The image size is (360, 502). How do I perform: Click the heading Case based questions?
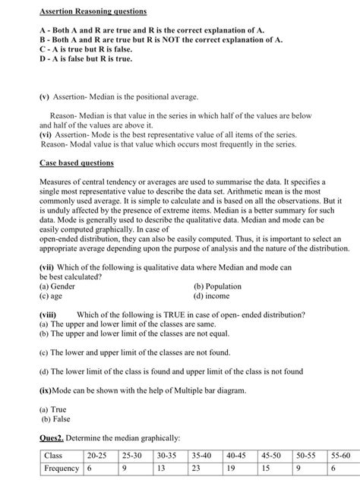click(x=76, y=163)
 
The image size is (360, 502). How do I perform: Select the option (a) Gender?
click(x=62, y=286)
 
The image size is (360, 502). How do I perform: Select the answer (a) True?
click(x=55, y=409)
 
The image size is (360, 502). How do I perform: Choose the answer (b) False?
click(x=57, y=418)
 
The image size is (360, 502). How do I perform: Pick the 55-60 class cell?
click(x=341, y=456)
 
